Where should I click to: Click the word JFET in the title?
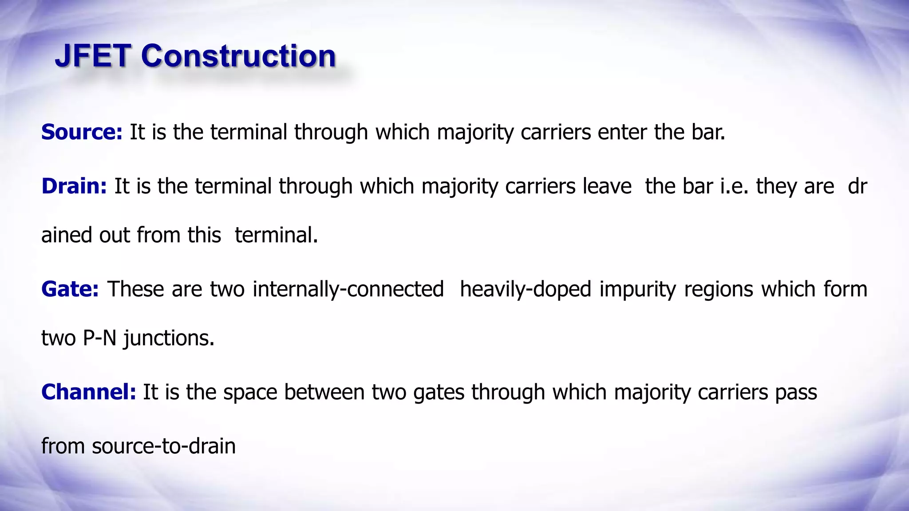93,56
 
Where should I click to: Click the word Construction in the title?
238,56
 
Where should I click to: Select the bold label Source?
82,132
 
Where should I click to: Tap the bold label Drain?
74,186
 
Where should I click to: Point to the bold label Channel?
88,392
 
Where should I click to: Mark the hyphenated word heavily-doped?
526,289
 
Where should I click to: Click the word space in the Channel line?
250,392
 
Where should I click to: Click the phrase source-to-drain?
164,446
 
